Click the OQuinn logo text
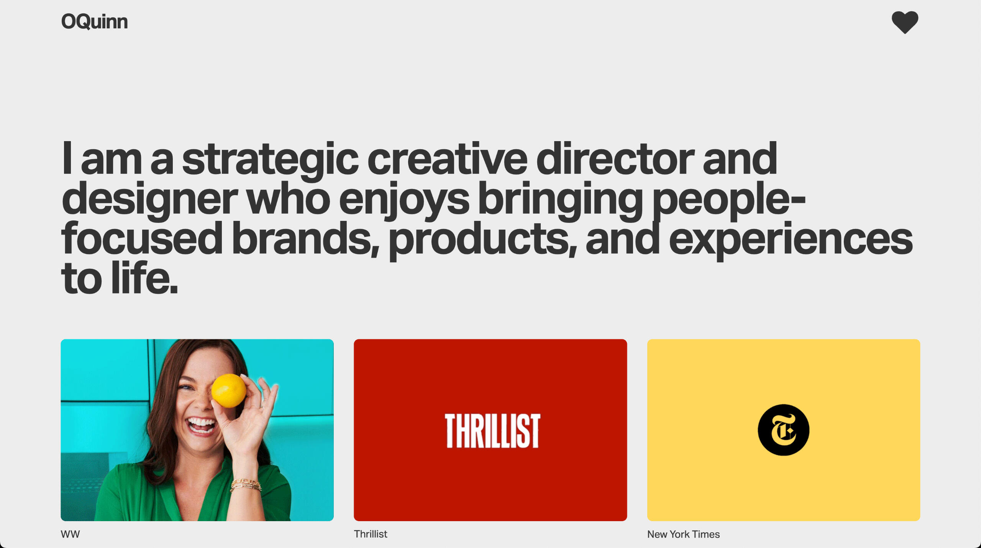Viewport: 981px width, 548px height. (94, 21)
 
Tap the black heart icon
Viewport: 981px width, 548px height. (905, 22)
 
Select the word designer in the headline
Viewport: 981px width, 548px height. (149, 199)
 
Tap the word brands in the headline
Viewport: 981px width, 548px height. (305, 239)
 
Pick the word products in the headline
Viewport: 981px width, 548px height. (482, 239)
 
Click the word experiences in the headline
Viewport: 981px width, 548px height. (791, 239)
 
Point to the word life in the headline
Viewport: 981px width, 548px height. (144, 278)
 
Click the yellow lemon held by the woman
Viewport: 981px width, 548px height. (229, 391)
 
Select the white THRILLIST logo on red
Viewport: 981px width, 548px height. (492, 431)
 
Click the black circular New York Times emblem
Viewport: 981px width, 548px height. (783, 430)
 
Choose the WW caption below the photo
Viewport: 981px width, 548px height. (70, 534)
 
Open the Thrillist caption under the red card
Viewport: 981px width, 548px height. (370, 534)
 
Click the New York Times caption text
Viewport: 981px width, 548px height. (683, 534)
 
